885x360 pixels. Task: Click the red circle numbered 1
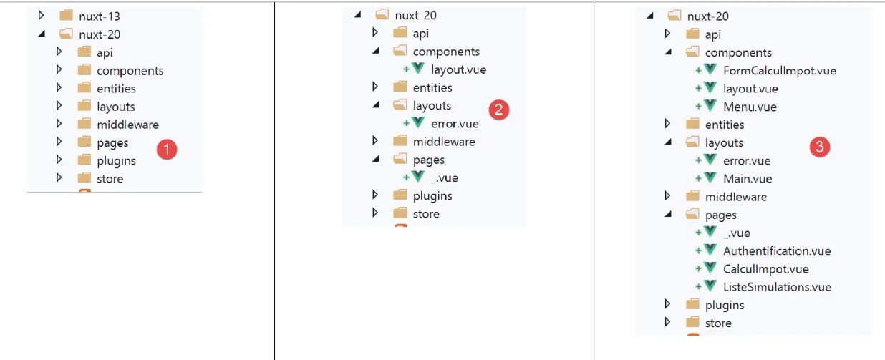click(x=166, y=150)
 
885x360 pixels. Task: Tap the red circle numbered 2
click(x=498, y=110)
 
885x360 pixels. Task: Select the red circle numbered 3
click(x=819, y=147)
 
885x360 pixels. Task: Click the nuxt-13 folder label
click(x=99, y=15)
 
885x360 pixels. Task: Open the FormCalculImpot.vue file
click(x=779, y=71)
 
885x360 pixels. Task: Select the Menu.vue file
click(x=750, y=107)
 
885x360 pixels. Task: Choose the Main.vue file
click(x=748, y=178)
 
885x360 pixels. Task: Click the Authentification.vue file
click(x=777, y=250)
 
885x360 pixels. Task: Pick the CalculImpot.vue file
click(x=765, y=269)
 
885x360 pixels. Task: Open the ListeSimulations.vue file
click(x=777, y=287)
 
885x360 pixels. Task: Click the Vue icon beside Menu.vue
click(x=710, y=106)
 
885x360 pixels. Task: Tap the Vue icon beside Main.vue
click(x=710, y=177)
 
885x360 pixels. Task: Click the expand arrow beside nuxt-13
click(x=42, y=15)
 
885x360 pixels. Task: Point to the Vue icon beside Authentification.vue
click(x=710, y=250)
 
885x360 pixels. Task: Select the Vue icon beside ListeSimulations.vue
click(x=710, y=286)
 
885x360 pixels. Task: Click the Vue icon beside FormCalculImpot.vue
click(x=710, y=70)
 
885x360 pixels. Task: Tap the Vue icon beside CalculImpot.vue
click(x=710, y=268)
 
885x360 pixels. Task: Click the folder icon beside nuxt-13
click(x=66, y=15)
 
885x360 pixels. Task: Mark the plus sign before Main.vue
click(x=698, y=178)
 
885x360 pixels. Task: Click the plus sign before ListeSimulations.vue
click(x=698, y=287)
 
